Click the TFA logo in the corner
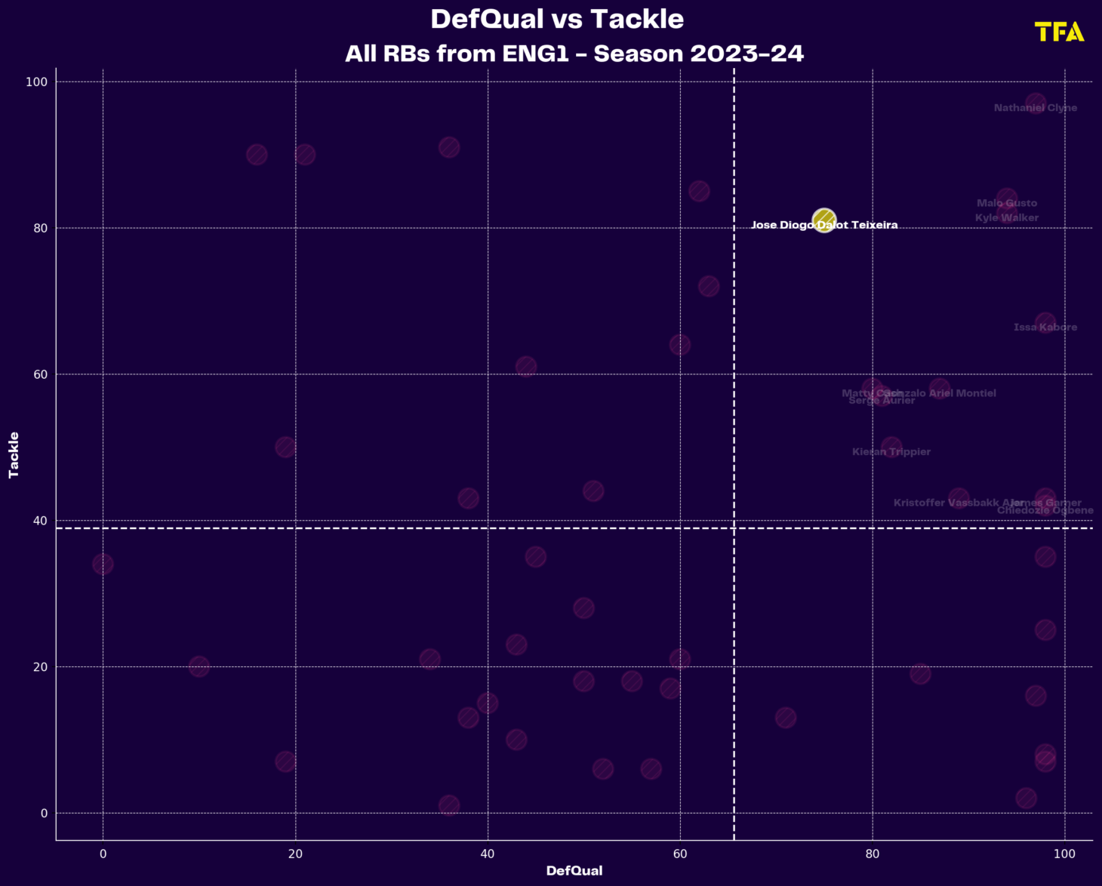coord(1059,32)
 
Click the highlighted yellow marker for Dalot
coord(823,220)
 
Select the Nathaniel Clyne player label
coord(1036,108)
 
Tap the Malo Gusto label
coord(1007,203)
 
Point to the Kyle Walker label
coord(1007,218)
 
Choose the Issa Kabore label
coord(1045,328)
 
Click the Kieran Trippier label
coord(891,452)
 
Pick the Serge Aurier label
coord(882,401)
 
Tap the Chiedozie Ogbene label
coord(1045,511)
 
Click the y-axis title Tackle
coord(14,454)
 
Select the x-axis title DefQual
coord(574,871)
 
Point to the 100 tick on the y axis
coord(36,82)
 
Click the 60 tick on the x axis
coord(680,854)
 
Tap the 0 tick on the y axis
coord(44,814)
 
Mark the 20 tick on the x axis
coord(295,854)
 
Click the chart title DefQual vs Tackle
coord(557,20)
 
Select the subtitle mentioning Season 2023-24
coord(574,54)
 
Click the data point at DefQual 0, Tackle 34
coord(103,564)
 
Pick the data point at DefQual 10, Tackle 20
coord(199,666)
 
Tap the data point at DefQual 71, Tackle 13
coord(786,718)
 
